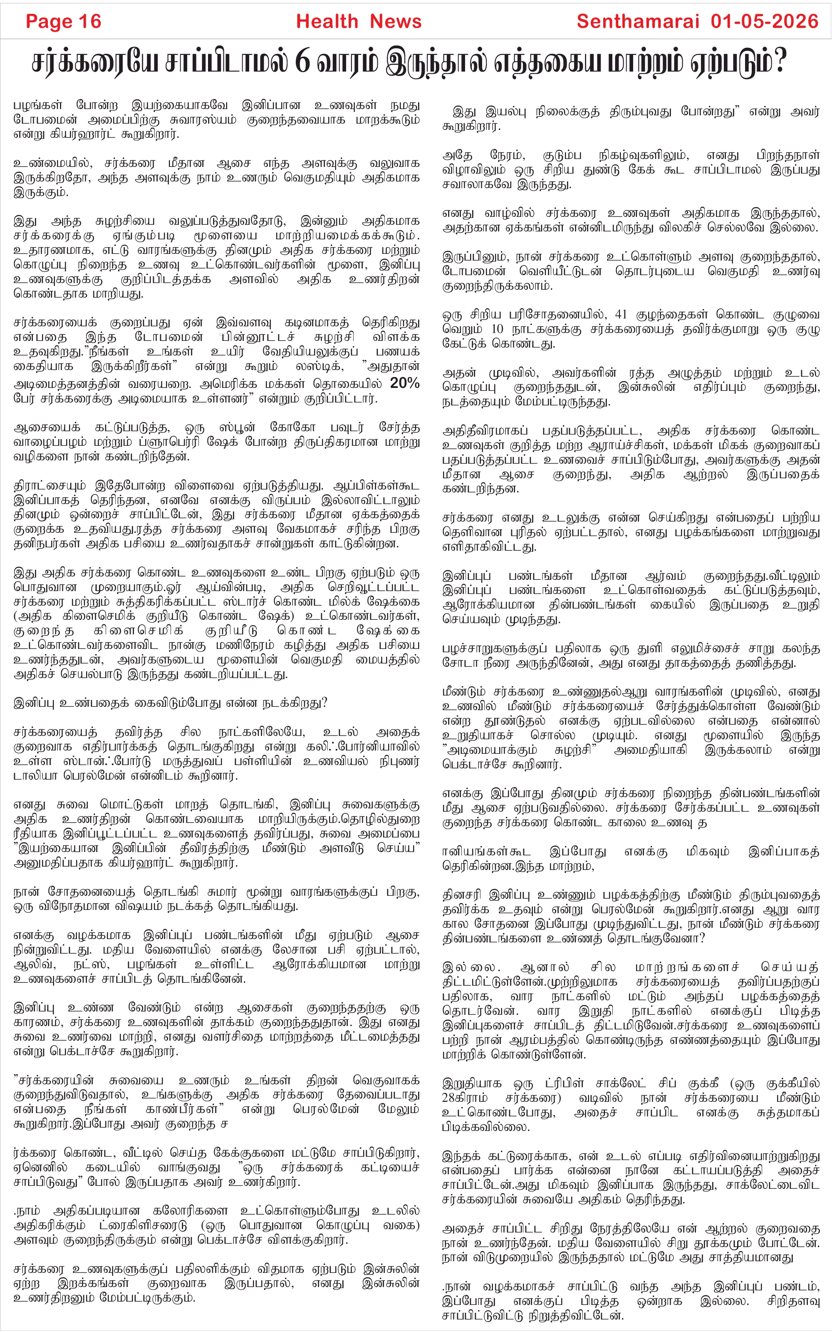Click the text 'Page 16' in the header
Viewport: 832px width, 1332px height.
(63, 22)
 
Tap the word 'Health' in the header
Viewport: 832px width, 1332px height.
(327, 22)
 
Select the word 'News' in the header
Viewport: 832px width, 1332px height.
(395, 22)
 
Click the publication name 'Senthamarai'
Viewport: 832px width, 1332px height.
(638, 22)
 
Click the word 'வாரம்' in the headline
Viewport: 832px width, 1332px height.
(344, 62)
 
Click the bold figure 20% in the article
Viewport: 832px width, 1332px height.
(404, 383)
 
